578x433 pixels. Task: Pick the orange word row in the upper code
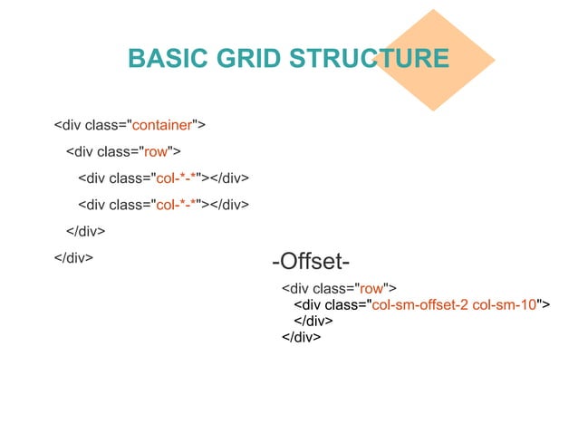tap(157, 150)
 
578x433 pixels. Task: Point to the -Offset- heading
tap(311, 263)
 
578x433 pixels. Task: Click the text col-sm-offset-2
tap(419, 304)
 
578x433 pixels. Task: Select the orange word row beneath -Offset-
tap(371, 289)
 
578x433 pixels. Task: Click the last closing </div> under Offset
tap(302, 337)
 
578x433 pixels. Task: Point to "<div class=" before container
tap(90, 124)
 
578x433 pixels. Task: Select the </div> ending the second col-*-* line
tap(229, 205)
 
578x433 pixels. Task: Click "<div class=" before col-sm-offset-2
tap(329, 304)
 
